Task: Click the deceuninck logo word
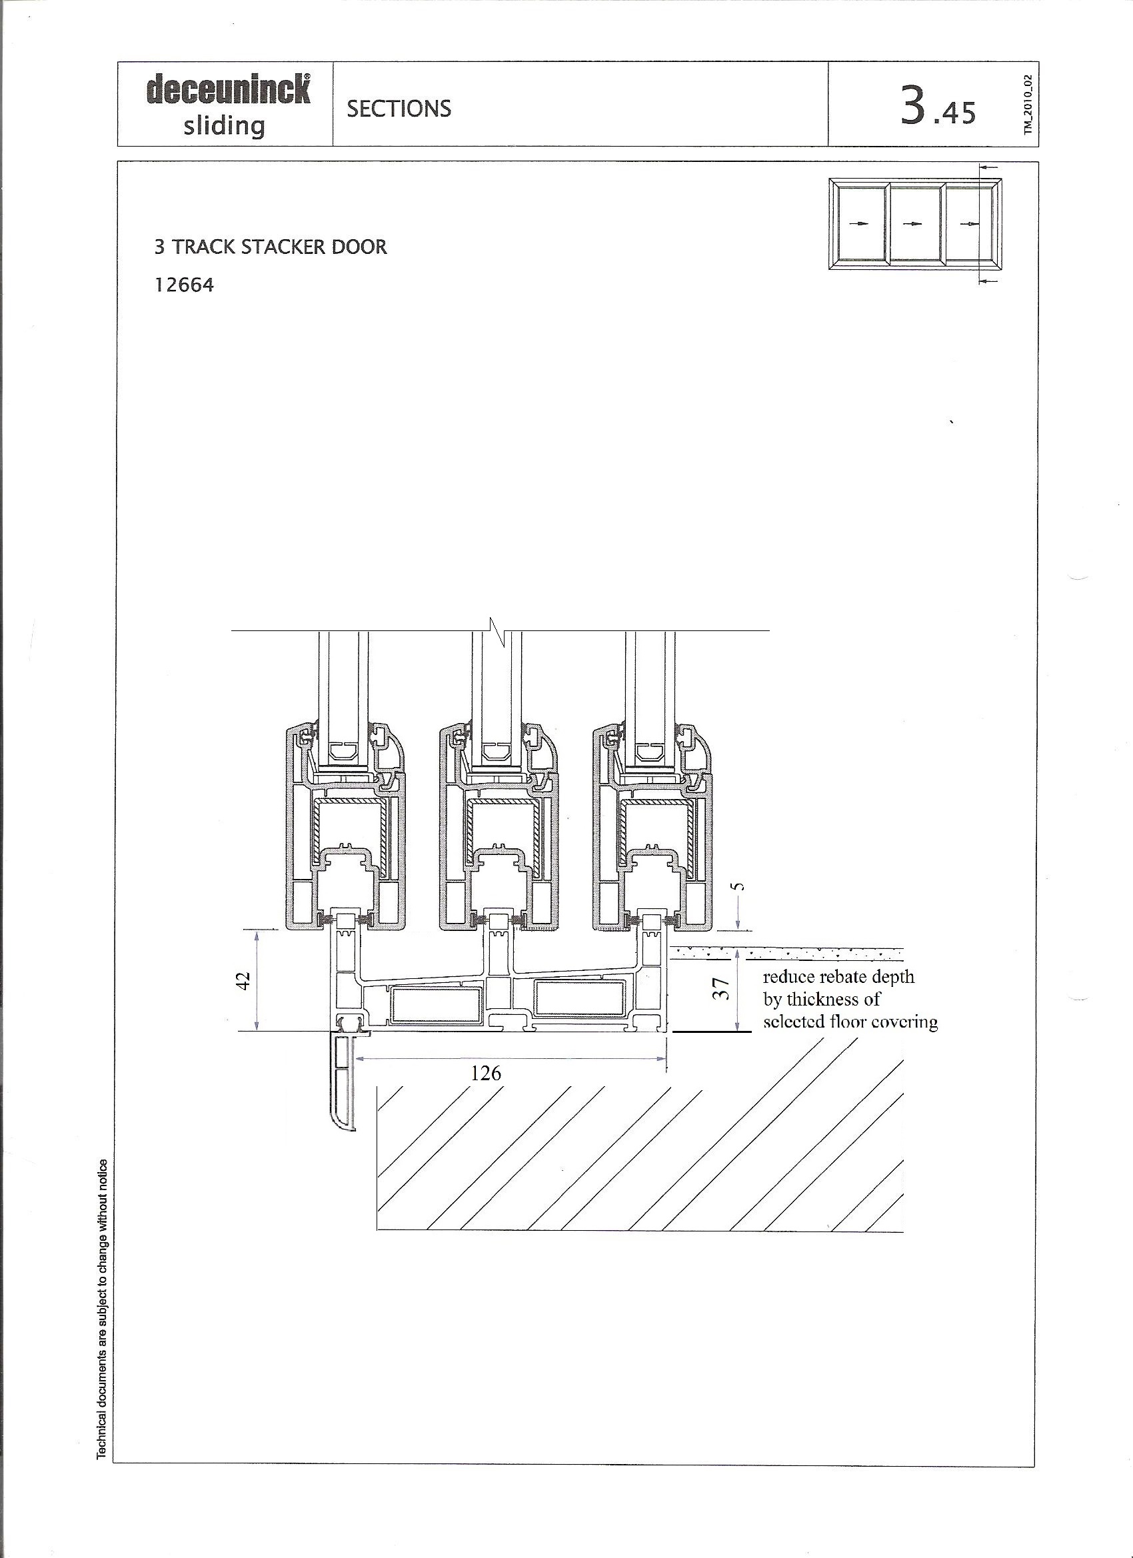(x=228, y=89)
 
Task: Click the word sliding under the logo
(x=224, y=126)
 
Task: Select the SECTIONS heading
(x=399, y=109)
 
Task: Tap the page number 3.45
(x=938, y=108)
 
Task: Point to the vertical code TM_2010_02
(x=1028, y=104)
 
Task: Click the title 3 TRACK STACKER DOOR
(x=271, y=247)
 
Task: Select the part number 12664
(x=184, y=285)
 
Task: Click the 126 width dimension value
(x=486, y=1072)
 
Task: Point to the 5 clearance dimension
(x=739, y=886)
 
